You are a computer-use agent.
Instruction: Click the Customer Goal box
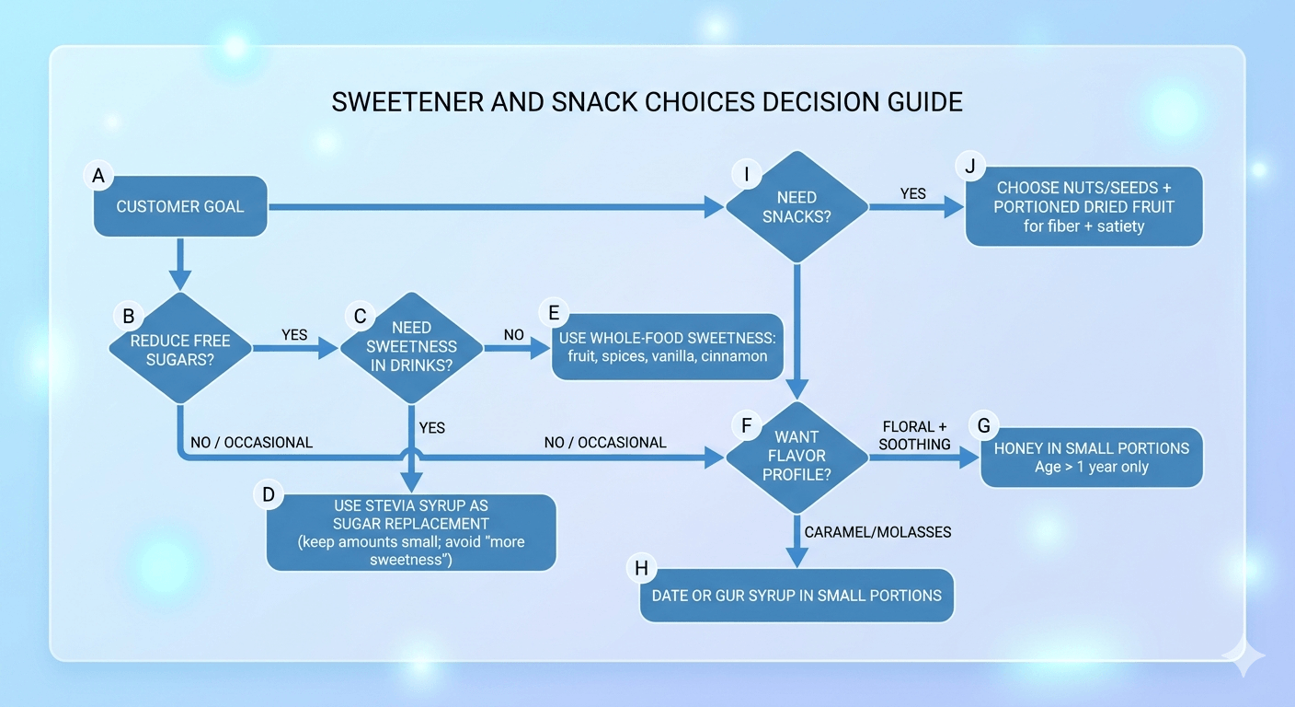tap(180, 206)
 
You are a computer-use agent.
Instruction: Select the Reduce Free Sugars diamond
tap(180, 349)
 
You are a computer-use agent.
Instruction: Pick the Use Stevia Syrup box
tap(411, 533)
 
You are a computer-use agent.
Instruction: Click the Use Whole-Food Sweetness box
tap(667, 346)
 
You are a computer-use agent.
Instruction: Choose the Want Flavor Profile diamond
tap(796, 456)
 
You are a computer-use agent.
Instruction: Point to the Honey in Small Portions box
tap(1091, 458)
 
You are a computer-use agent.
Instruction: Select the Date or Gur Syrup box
tap(796, 595)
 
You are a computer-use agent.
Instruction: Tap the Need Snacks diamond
tap(796, 208)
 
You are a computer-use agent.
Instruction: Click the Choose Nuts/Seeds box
tap(1083, 206)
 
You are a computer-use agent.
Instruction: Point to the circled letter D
tap(268, 494)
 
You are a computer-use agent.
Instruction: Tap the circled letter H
tap(641, 568)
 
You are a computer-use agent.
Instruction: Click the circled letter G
tap(984, 425)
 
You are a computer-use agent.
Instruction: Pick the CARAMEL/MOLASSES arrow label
tap(877, 532)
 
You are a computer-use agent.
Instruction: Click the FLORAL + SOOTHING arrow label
tap(913, 435)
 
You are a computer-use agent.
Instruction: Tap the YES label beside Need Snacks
tap(912, 193)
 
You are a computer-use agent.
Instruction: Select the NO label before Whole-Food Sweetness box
tap(513, 335)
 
